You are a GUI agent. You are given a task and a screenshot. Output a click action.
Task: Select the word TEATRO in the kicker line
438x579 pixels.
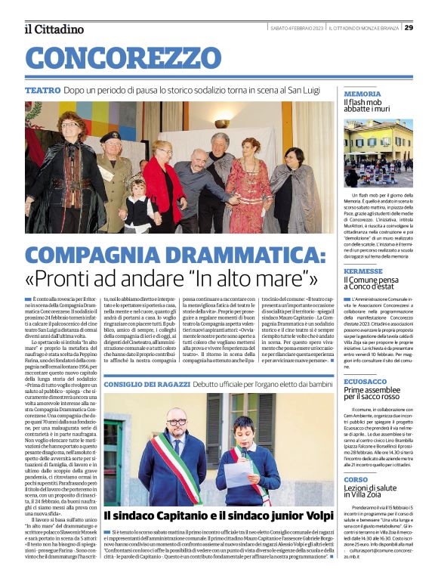coord(43,90)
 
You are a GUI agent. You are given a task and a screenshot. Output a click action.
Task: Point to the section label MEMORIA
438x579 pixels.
coord(362,94)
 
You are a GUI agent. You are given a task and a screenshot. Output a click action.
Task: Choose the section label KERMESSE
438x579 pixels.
coord(362,270)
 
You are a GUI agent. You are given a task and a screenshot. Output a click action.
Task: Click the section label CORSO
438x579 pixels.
coord(355,480)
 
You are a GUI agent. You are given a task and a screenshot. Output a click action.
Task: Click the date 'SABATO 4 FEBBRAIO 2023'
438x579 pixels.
coord(298,28)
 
